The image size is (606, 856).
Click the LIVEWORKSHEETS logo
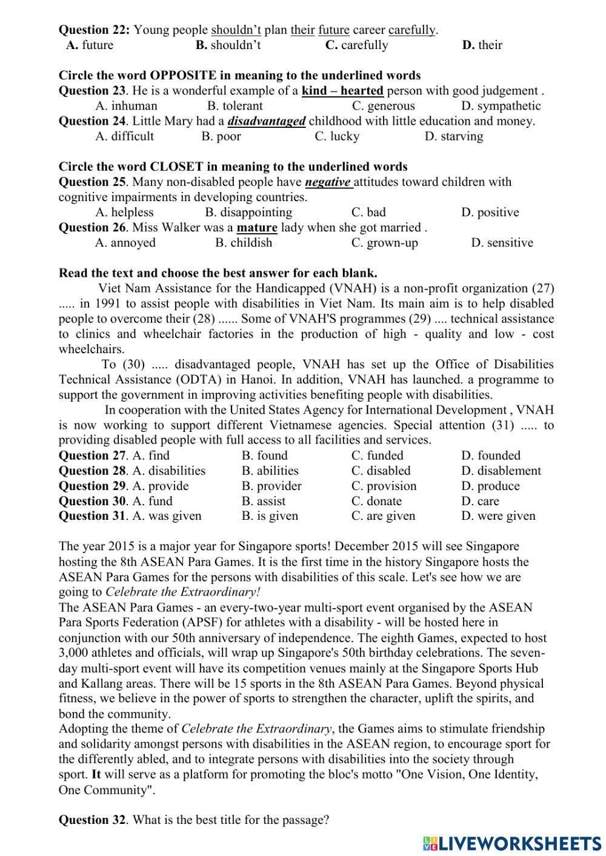click(512, 843)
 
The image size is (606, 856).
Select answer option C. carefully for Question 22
click(357, 45)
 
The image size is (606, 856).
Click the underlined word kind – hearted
click(342, 91)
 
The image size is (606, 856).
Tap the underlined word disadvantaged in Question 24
click(267, 121)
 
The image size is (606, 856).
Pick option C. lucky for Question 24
click(337, 136)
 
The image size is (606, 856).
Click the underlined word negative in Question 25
click(328, 182)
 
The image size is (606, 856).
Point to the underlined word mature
click(257, 228)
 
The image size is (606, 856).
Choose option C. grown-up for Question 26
click(385, 243)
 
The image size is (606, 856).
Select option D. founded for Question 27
click(490, 456)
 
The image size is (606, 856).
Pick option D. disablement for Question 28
click(501, 471)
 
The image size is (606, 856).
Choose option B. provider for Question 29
click(271, 486)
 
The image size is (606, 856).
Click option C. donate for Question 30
click(376, 501)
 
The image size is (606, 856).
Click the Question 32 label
click(93, 820)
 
